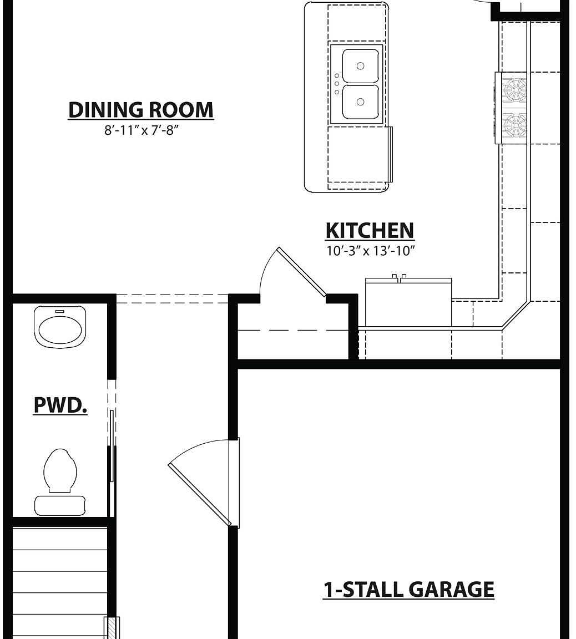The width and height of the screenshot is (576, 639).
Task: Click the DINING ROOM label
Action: pos(141,110)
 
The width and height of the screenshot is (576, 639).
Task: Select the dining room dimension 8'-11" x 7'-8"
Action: pos(141,132)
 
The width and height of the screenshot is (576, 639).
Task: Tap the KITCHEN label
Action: pos(370,231)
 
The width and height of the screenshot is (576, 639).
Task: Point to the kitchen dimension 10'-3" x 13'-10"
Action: pos(370,251)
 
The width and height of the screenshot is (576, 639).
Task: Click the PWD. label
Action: pos(60,405)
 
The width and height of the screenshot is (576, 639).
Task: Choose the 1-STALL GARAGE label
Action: pos(408,590)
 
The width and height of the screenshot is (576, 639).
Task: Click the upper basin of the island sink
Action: pos(360,66)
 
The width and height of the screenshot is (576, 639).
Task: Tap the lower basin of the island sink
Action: pos(360,102)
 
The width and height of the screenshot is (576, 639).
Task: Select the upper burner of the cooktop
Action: pos(514,88)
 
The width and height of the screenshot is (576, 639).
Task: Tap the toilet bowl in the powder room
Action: pos(60,469)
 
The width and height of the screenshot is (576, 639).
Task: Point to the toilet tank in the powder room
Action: pos(60,505)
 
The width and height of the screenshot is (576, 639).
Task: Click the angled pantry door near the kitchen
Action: pos(301,272)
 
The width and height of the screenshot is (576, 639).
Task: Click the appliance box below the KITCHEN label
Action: pos(408,302)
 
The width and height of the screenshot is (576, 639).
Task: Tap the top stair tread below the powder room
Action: pos(59,539)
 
